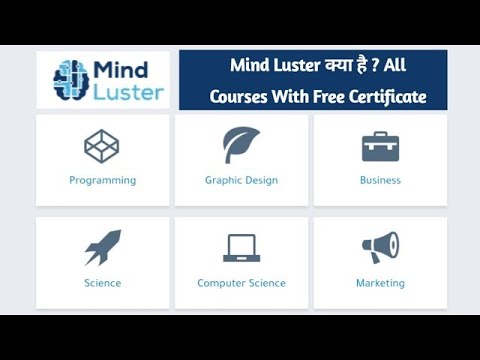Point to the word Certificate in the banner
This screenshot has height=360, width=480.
click(x=384, y=97)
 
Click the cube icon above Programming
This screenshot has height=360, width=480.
click(x=102, y=147)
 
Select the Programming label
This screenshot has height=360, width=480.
click(x=102, y=181)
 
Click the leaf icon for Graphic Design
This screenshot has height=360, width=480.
click(x=241, y=146)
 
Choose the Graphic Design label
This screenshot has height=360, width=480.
click(x=241, y=181)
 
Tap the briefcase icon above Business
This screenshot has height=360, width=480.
click(x=380, y=147)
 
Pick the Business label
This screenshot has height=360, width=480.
click(x=380, y=181)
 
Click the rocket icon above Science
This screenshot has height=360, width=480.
click(x=102, y=247)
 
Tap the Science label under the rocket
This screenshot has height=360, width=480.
click(x=102, y=283)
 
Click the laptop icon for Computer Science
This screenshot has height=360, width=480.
click(x=241, y=248)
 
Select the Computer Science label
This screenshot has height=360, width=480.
click(x=241, y=283)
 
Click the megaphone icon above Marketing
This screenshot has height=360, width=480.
click(x=380, y=247)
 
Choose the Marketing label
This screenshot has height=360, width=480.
click(x=380, y=283)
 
